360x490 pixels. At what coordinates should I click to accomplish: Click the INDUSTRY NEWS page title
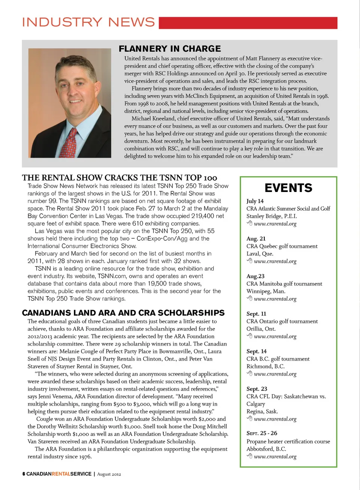pyautogui.click(x=88, y=22)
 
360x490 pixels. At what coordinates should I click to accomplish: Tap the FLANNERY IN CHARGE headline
pyautogui.click(x=170, y=49)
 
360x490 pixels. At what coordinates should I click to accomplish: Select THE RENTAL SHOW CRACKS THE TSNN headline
pyautogui.click(x=119, y=178)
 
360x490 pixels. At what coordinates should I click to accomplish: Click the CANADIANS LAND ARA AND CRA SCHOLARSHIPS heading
pyautogui.click(x=123, y=313)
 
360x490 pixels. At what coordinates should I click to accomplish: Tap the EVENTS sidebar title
pyautogui.click(x=288, y=188)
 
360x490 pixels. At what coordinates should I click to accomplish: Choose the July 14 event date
pyautogui.click(x=255, y=201)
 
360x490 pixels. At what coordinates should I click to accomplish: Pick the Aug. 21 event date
pyautogui.click(x=256, y=238)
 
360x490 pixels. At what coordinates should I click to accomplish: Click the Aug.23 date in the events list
pyautogui.click(x=255, y=276)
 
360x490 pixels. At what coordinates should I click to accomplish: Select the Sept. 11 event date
pyautogui.click(x=256, y=313)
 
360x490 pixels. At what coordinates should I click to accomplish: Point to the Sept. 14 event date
pyautogui.click(x=256, y=351)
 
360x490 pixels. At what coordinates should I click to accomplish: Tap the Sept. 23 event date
pyautogui.click(x=257, y=389)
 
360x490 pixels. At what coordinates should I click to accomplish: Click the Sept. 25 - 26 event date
pyautogui.click(x=262, y=433)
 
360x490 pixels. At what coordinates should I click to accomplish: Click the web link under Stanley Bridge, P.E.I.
pyautogui.click(x=275, y=224)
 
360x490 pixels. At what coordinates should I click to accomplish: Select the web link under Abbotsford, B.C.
pyautogui.click(x=275, y=457)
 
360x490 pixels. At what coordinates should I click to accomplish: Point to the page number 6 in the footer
pyautogui.click(x=24, y=474)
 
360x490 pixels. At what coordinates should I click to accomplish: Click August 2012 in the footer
pyautogui.click(x=109, y=474)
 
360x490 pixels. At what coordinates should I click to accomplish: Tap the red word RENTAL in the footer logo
pyautogui.click(x=61, y=474)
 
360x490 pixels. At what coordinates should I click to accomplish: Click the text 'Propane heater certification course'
pyautogui.click(x=288, y=441)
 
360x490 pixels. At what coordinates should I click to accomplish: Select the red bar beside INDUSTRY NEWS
pyautogui.click(x=248, y=23)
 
